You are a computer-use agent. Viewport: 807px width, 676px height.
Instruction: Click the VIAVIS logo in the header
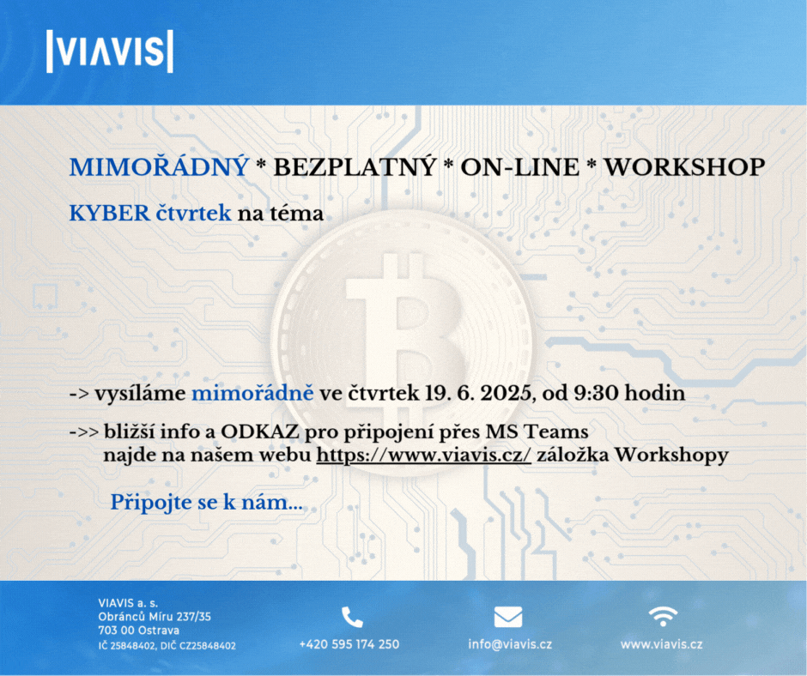click(x=110, y=51)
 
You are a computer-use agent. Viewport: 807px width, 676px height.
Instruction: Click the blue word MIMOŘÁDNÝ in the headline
click(x=159, y=167)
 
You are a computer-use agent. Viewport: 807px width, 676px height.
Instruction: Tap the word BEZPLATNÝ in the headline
click(x=355, y=167)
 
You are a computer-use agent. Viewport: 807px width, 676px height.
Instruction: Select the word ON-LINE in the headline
click(x=519, y=168)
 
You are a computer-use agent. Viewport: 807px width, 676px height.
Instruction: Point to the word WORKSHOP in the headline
click(x=684, y=168)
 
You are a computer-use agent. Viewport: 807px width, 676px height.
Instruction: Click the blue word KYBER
click(x=110, y=214)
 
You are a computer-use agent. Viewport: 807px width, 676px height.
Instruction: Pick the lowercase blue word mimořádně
click(x=252, y=394)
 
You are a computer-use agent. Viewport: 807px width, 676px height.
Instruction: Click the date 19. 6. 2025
click(x=478, y=394)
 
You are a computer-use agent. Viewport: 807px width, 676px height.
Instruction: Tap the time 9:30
click(x=597, y=394)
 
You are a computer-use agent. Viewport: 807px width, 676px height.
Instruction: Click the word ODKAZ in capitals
click(x=260, y=432)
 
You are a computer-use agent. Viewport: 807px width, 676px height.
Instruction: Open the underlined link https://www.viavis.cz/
click(x=423, y=456)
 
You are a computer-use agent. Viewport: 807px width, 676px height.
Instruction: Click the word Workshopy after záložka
click(x=672, y=456)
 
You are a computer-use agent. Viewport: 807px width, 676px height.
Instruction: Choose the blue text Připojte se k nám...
click(x=206, y=503)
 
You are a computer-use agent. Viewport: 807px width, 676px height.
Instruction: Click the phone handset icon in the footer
click(x=352, y=618)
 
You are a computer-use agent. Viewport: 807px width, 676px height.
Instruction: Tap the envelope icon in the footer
click(x=508, y=618)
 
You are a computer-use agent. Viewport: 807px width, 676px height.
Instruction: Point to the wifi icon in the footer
click(x=663, y=616)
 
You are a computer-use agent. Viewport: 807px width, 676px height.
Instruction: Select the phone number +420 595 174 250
click(x=349, y=644)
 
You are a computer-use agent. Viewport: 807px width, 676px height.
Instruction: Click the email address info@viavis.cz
click(x=510, y=644)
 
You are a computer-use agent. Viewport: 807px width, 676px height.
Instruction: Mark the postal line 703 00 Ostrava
click(x=139, y=631)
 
